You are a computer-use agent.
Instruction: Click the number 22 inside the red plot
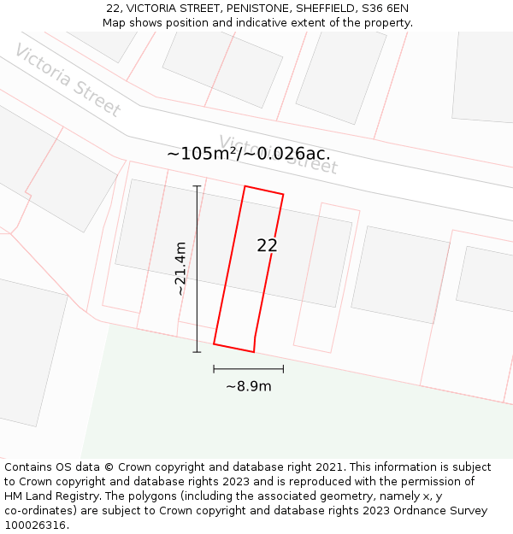[267, 245]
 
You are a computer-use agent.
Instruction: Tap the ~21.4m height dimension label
[180, 268]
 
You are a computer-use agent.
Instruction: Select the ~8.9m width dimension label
[249, 386]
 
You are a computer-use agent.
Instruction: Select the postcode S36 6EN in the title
[382, 9]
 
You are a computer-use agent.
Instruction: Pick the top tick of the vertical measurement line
[197, 185]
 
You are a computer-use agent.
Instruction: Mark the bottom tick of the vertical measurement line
[197, 351]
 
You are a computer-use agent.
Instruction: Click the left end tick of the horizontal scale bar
[214, 369]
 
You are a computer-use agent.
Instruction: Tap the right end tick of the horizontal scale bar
[283, 369]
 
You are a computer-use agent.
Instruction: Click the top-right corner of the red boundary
[283, 194]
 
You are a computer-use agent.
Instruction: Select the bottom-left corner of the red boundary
[214, 343]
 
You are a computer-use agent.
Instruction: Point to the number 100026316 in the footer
[33, 525]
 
